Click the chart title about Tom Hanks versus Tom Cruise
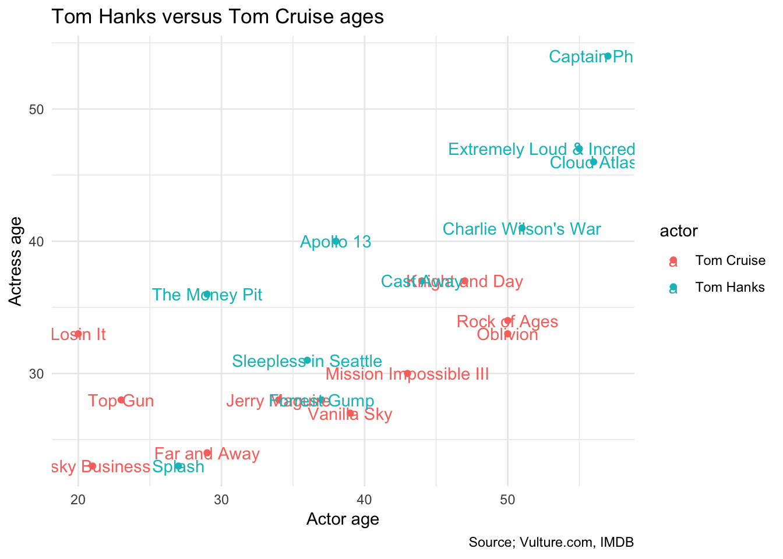coord(217,17)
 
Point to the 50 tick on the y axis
coord(37,109)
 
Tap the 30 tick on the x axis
coord(221,499)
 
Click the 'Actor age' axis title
coord(343,519)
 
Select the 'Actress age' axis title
coord(16,260)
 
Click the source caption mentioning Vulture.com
coord(551,543)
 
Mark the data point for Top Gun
coord(121,400)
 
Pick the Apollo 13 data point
coord(336,241)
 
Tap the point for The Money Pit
coord(207,294)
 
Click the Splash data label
coord(178,467)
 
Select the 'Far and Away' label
coord(207,454)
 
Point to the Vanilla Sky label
coord(350,415)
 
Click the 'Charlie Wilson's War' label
coord(521,229)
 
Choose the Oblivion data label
coord(507,335)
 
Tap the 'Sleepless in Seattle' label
coord(307,362)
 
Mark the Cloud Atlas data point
coord(594,162)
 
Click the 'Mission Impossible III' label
coord(407,374)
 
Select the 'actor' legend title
coord(679,231)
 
